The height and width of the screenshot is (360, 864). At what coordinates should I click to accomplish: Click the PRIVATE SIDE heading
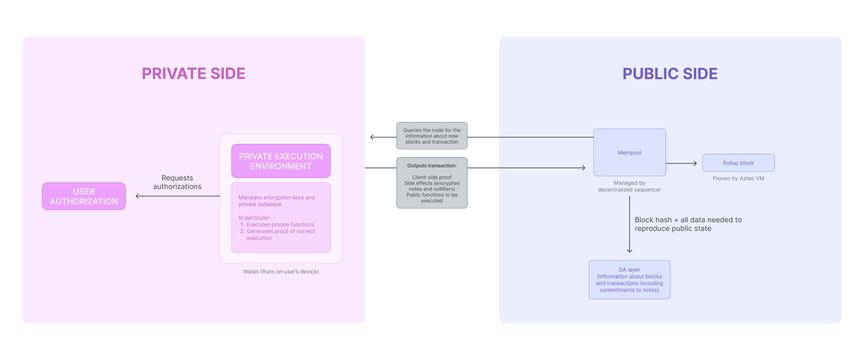point(193,74)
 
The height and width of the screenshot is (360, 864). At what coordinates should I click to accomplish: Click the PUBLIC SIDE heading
point(669,74)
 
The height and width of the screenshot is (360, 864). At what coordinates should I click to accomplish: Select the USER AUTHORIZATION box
point(84,196)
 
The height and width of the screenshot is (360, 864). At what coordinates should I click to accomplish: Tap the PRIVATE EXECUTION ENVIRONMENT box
point(280,161)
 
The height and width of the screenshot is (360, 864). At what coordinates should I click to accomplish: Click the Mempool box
point(629,153)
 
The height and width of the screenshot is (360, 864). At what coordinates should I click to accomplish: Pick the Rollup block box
point(737,163)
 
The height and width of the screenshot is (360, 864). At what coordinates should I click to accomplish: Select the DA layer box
point(629,279)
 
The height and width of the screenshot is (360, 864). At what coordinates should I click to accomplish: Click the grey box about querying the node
point(431,136)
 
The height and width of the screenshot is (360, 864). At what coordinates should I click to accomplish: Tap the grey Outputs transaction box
point(431,183)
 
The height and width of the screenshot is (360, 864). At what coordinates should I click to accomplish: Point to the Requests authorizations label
point(177,182)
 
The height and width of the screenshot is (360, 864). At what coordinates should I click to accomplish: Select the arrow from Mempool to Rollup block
point(682,164)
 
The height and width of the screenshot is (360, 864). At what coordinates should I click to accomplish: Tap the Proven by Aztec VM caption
point(738,179)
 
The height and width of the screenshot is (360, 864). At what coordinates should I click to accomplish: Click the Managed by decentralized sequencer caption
point(629,186)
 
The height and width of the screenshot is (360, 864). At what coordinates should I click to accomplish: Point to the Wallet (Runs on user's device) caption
point(280,272)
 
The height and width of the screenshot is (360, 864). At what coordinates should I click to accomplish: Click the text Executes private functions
point(280,224)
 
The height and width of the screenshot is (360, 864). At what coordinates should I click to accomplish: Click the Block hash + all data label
point(688,224)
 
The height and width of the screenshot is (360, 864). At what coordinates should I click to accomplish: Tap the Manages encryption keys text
point(277,201)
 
